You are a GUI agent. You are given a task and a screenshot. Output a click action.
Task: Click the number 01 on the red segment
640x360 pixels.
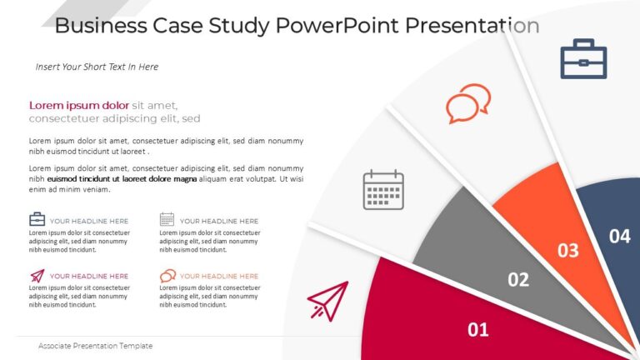[x=477, y=330]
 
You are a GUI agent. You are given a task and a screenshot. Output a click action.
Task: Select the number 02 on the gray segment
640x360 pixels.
[x=518, y=280]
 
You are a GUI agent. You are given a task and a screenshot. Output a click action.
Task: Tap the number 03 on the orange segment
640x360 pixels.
[x=567, y=250]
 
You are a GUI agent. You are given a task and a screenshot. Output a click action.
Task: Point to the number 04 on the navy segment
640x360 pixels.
[x=619, y=237]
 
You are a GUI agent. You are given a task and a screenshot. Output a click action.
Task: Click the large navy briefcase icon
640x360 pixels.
[x=583, y=59]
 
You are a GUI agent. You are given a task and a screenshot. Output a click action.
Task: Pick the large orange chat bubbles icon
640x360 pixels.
[x=467, y=103]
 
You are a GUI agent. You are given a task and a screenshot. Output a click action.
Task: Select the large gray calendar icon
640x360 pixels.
[x=383, y=190]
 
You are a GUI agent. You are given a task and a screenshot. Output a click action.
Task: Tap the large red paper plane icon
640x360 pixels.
[x=328, y=301]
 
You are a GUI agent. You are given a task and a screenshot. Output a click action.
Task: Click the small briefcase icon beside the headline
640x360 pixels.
[x=37, y=220]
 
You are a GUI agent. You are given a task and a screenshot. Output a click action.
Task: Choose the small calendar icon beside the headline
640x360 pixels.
[x=167, y=220]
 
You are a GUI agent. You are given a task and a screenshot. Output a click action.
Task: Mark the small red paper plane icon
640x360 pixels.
[x=37, y=275]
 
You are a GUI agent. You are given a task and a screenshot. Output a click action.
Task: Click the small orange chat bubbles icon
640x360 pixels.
[x=167, y=276]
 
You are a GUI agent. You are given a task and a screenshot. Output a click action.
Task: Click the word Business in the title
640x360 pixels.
[x=99, y=26]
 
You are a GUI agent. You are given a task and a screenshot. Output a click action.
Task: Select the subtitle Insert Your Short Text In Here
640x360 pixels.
[x=97, y=67]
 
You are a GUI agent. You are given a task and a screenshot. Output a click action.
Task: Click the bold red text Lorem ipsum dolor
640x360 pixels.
[x=79, y=105]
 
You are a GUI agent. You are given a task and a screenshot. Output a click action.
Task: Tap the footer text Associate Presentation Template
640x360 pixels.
[x=95, y=346]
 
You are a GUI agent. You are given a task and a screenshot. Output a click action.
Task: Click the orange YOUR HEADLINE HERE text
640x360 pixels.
[x=219, y=276]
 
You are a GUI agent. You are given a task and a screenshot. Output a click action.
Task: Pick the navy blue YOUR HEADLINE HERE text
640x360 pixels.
[x=89, y=221]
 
